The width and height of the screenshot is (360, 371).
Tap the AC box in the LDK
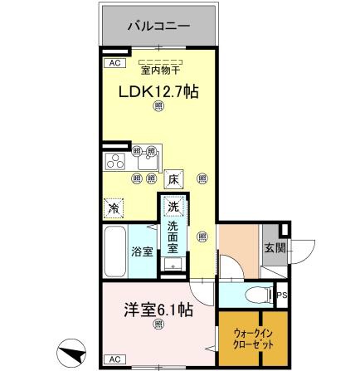(x=114, y=62)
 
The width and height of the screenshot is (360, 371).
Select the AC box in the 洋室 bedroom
(x=114, y=358)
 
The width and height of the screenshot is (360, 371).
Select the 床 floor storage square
(x=173, y=178)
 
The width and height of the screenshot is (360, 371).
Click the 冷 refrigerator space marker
(x=112, y=206)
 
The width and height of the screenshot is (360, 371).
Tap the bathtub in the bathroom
(x=114, y=251)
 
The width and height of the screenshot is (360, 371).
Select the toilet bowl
(x=258, y=294)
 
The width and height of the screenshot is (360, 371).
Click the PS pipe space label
(x=282, y=294)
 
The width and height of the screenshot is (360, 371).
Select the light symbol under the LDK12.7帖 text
(x=158, y=107)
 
